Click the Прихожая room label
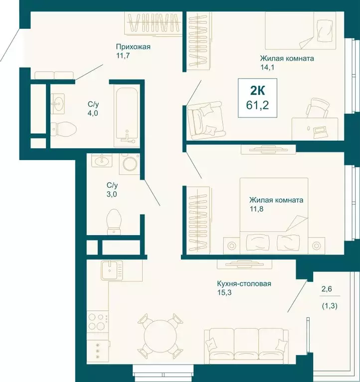click(x=133, y=47)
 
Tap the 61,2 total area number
click(x=258, y=105)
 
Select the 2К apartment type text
click(x=258, y=91)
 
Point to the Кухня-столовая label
click(x=244, y=284)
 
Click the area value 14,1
click(x=267, y=67)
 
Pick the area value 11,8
click(x=256, y=209)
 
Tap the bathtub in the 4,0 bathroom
click(x=127, y=117)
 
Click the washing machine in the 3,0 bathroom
click(x=130, y=164)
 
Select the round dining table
click(x=160, y=336)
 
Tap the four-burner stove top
click(x=98, y=322)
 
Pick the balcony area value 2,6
click(x=327, y=289)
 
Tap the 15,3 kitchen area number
click(x=224, y=292)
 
